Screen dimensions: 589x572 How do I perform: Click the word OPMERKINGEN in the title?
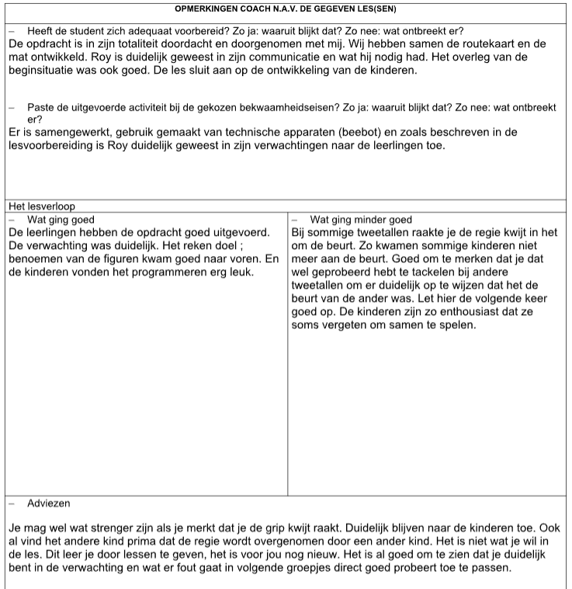coord(207,9)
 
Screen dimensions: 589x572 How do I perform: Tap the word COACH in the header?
coord(267,9)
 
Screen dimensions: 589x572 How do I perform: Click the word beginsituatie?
coord(48,71)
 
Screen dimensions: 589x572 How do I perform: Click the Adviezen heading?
coord(48,503)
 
